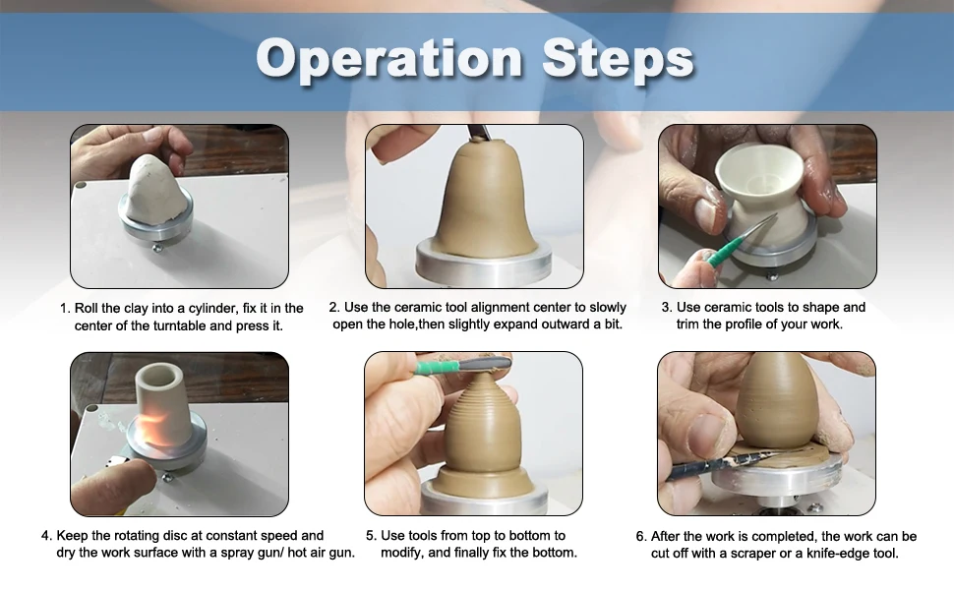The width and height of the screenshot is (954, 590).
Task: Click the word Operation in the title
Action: point(388,58)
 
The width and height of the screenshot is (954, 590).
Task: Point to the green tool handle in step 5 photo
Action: point(438,366)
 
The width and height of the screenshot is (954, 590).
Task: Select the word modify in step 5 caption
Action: point(403,553)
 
